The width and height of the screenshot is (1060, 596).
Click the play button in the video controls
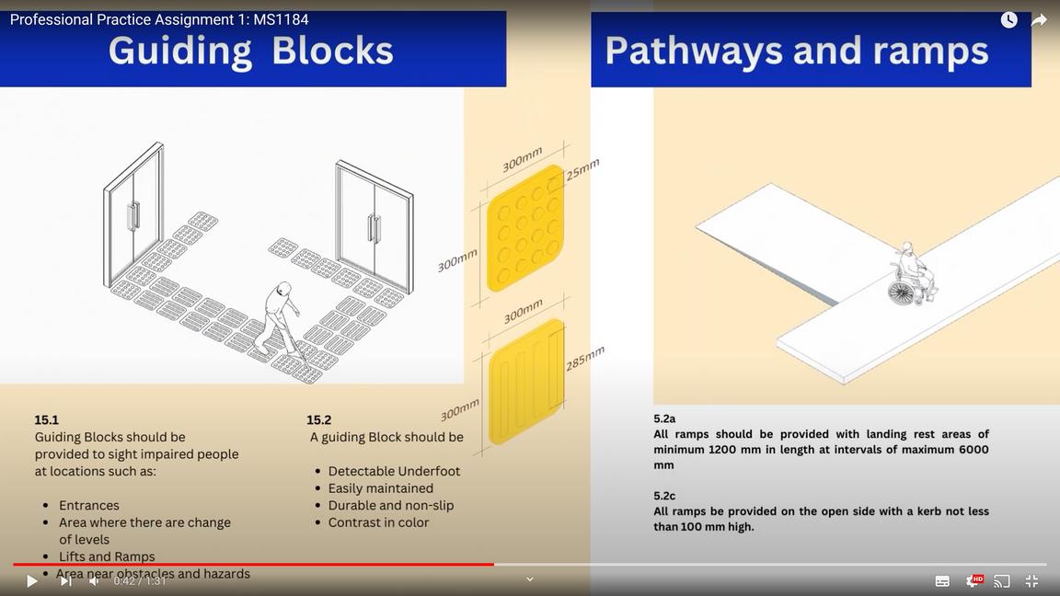pos(31,581)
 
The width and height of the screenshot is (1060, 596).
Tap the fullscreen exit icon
pos(1031,581)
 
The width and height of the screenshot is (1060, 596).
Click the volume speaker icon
pos(94,581)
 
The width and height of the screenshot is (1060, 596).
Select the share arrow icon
pos(1039,20)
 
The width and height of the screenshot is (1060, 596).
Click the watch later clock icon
pos(1008,20)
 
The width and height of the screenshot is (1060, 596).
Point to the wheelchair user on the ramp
pos(910,275)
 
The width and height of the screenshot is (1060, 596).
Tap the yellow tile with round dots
pos(525,228)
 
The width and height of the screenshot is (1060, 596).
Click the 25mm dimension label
pos(582,169)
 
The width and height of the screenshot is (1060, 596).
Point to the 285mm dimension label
pos(585,358)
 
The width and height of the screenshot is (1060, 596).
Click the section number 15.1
pos(47,420)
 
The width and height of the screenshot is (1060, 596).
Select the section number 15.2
pos(319,420)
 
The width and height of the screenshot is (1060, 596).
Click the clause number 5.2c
pos(664,496)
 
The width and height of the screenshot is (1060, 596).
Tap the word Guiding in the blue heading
pos(180,51)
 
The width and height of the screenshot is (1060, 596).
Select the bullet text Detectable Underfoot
pos(394,471)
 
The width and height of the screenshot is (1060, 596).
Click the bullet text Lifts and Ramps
pos(107,556)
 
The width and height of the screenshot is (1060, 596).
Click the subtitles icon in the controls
pos(942,581)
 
